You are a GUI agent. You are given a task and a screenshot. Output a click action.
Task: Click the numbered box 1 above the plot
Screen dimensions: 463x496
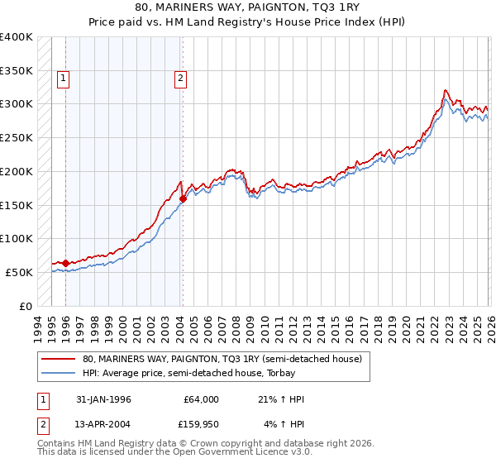coord(64,79)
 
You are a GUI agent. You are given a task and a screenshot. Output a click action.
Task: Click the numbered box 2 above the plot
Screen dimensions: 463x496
coord(180,79)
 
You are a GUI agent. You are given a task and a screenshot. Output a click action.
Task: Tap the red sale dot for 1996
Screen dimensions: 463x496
coord(65,263)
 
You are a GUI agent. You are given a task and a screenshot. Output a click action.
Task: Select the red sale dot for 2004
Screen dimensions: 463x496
coord(183,198)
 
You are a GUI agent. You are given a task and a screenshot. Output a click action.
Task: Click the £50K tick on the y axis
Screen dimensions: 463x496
coord(19,272)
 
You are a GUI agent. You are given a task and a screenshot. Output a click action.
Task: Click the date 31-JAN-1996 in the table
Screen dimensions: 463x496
coord(103,399)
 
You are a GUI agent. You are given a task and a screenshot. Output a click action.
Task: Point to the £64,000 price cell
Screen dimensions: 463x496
coord(200,399)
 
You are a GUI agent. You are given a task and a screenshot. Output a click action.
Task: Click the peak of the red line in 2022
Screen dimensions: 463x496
coord(446,89)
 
